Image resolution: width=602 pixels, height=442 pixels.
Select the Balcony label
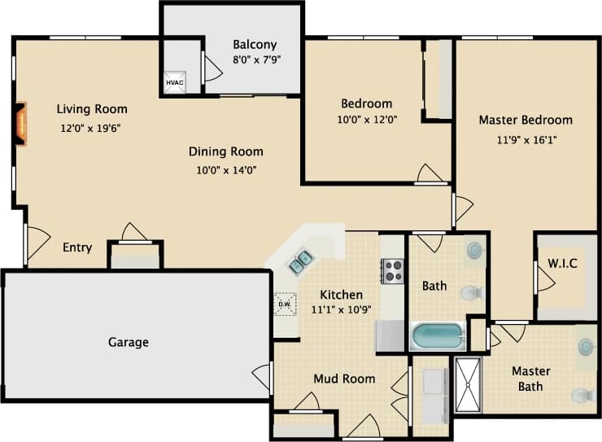(x=255, y=45)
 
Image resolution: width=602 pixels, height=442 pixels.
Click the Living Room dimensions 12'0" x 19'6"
(x=91, y=128)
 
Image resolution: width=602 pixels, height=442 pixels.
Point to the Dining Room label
(x=226, y=151)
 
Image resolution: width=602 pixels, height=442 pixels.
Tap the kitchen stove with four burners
(x=393, y=270)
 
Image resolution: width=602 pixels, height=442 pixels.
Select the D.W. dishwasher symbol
(x=285, y=304)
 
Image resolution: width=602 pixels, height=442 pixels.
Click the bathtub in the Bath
(x=438, y=336)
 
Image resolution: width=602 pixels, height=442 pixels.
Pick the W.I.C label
(x=562, y=264)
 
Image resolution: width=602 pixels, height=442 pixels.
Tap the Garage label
(x=129, y=342)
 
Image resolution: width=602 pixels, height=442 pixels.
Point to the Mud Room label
(x=344, y=379)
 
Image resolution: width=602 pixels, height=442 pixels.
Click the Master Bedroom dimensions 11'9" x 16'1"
(x=526, y=139)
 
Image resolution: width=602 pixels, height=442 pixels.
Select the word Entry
(x=77, y=247)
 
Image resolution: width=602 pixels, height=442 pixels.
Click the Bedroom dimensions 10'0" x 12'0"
(x=367, y=119)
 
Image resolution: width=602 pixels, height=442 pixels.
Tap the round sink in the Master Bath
(x=586, y=348)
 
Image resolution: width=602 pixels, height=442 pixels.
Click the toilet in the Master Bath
(x=581, y=396)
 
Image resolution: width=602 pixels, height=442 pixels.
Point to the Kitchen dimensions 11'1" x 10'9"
(x=341, y=309)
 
